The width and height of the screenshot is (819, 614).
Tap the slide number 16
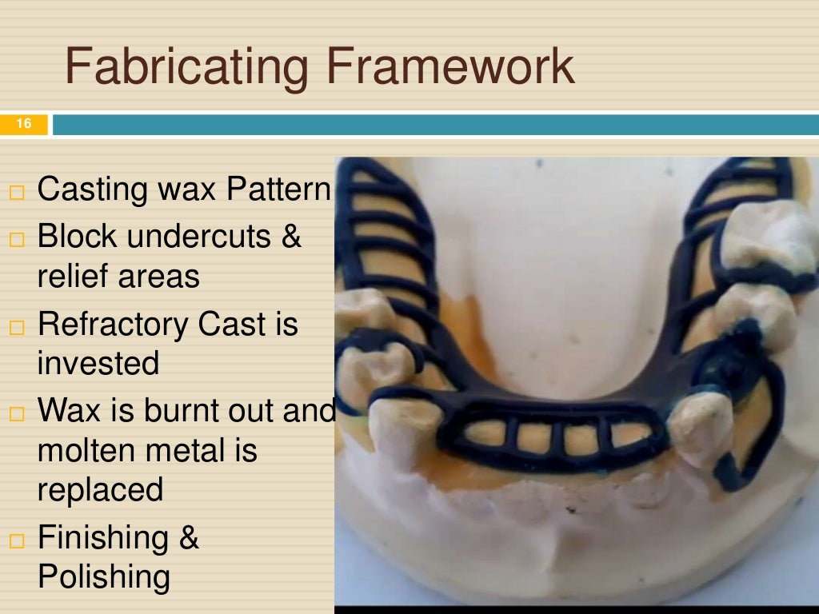coord(23,124)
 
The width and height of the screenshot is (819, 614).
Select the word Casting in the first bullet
coord(86,190)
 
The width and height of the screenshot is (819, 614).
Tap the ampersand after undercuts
coord(290,237)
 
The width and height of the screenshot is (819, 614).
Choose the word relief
coord(73,276)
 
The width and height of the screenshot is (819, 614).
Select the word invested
coord(98,363)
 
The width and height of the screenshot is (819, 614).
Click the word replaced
coord(100,489)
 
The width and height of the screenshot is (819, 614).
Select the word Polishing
coord(104,576)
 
